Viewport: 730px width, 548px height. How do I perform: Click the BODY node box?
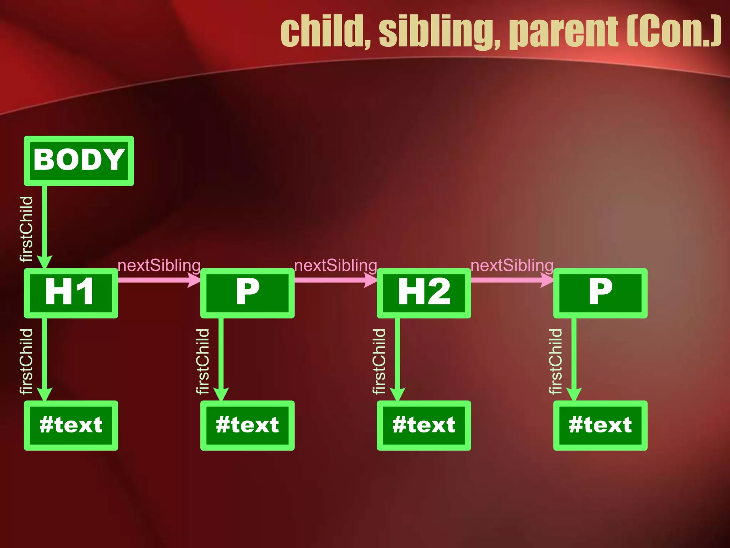point(79,161)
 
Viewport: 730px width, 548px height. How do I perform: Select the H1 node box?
point(71,293)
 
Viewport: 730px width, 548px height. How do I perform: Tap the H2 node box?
point(424,293)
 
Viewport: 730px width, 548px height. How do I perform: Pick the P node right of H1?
point(247,293)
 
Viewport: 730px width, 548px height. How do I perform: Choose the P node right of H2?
point(600,293)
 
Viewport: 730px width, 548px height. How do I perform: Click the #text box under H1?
point(71,425)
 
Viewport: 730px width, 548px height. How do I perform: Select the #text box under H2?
point(424,425)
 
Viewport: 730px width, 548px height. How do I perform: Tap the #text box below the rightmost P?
point(600,425)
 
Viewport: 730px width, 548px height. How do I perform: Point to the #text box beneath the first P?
point(247,425)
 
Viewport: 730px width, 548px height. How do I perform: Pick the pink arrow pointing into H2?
point(335,280)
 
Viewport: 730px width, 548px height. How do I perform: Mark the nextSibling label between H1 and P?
point(159,265)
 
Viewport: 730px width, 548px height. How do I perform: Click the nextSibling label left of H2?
point(335,265)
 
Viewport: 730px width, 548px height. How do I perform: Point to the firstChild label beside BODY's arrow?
point(26,229)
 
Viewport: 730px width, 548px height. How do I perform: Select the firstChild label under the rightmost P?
point(555,361)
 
